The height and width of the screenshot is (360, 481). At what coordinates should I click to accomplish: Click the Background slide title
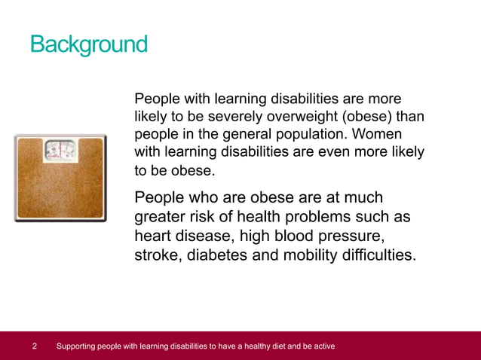pos(88,44)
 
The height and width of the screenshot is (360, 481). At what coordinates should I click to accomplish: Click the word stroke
pos(156,255)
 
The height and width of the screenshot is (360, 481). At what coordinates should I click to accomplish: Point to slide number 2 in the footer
pos(35,346)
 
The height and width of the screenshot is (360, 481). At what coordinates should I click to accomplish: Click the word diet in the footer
pos(267,346)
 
